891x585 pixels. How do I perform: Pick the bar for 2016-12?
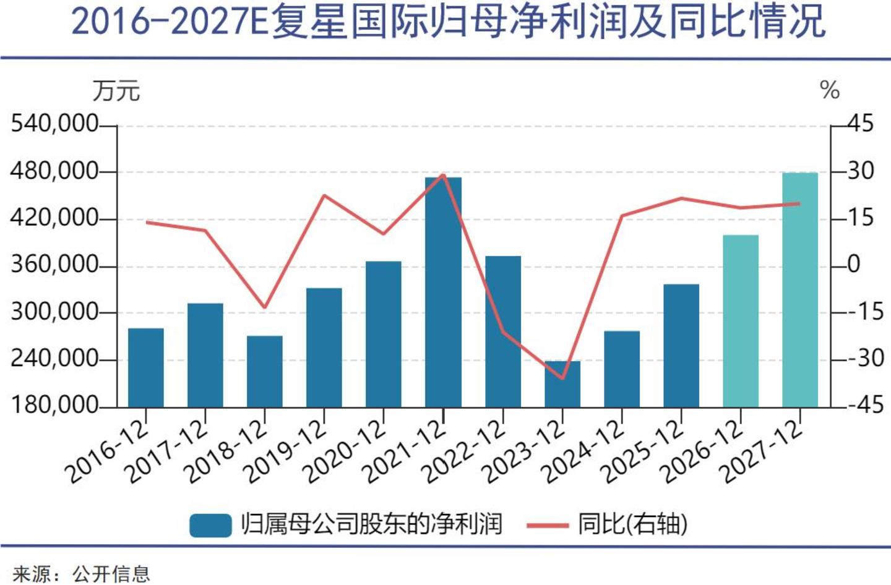pyautogui.click(x=146, y=367)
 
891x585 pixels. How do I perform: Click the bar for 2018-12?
pyautogui.click(x=265, y=371)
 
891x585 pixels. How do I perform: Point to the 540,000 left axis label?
pyautogui.click(x=54, y=124)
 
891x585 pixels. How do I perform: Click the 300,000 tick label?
pyautogui.click(x=54, y=312)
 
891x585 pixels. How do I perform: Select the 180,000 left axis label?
pyautogui.click(x=54, y=405)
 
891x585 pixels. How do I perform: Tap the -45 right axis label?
pyautogui.click(x=866, y=405)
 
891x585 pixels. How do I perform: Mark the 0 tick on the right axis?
pyautogui.click(x=854, y=265)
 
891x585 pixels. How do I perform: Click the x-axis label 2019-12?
pyautogui.click(x=286, y=451)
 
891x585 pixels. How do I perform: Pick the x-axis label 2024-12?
pyautogui.click(x=584, y=451)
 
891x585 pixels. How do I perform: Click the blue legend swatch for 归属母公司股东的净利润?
pyautogui.click(x=210, y=525)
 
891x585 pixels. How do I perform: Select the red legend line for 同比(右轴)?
pyautogui.click(x=547, y=525)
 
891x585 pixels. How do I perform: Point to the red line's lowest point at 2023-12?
pyautogui.click(x=562, y=378)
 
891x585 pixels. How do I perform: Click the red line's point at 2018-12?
pyautogui.click(x=265, y=307)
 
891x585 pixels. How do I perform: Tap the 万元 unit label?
pyautogui.click(x=116, y=92)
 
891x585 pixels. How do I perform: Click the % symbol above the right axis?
pyautogui.click(x=830, y=91)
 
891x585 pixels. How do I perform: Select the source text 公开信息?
pyautogui.click(x=111, y=574)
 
